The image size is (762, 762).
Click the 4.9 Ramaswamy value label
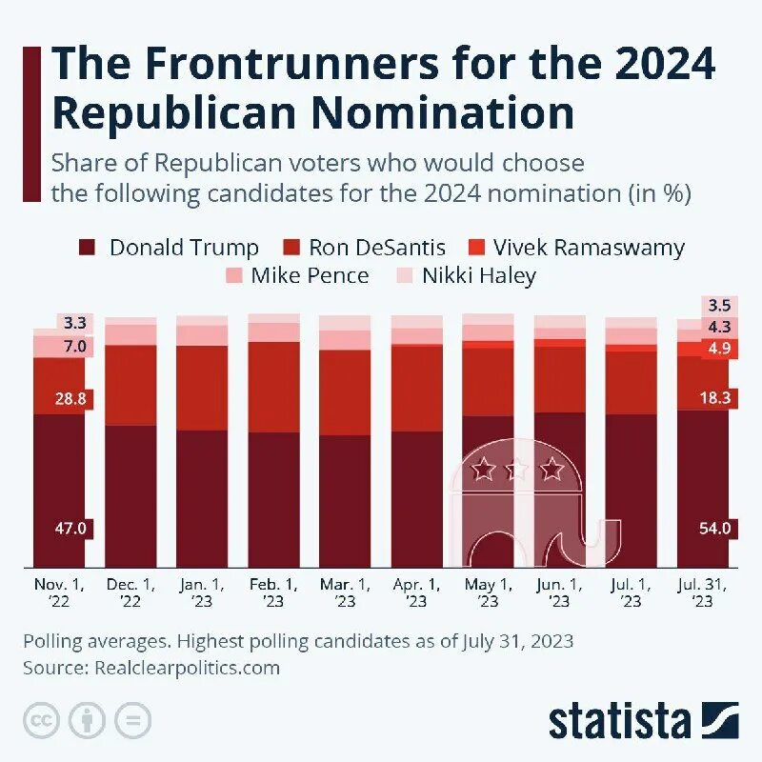[715, 349]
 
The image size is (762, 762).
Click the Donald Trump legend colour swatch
[87, 249]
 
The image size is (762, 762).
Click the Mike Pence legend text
[310, 277]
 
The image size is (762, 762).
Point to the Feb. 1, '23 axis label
[273, 592]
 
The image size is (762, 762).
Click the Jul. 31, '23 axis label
[702, 592]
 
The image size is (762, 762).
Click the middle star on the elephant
[517, 469]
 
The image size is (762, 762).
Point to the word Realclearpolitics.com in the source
[187, 668]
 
